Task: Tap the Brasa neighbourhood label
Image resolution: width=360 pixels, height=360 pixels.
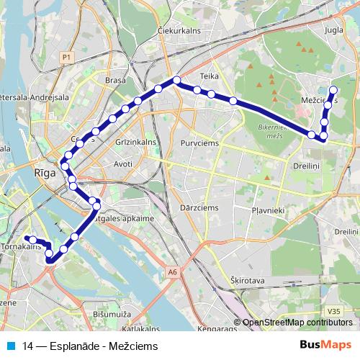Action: [x=115, y=81]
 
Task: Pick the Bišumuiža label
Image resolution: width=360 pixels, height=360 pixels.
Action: [x=112, y=315]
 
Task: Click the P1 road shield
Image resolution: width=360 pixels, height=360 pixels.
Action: [x=67, y=56]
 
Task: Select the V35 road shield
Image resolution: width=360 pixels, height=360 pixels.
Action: [x=332, y=311]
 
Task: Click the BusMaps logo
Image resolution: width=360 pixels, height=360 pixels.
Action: [x=326, y=345]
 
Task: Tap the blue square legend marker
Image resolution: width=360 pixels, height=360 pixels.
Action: [x=12, y=346]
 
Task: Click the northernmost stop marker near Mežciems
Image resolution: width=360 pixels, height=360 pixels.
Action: [x=333, y=90]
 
